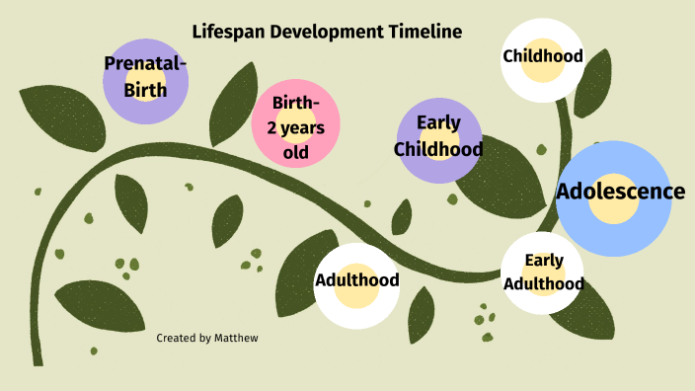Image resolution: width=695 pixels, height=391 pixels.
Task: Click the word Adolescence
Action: point(620,192)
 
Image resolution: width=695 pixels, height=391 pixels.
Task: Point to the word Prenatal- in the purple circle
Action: point(146,64)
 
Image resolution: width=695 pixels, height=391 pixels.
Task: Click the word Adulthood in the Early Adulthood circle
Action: point(544,283)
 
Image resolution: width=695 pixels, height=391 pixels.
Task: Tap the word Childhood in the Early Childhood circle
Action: point(438,149)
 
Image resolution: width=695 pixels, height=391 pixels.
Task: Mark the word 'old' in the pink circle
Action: point(295,152)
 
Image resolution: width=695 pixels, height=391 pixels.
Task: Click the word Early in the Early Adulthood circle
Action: point(544,261)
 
